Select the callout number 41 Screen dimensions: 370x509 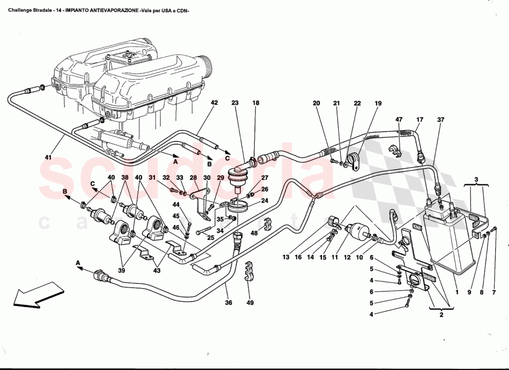tap(49, 158)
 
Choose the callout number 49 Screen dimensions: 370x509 tap(250, 303)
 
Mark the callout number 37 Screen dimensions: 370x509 tap(441, 120)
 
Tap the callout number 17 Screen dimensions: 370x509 tap(419, 120)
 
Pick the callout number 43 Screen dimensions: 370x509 tap(157, 271)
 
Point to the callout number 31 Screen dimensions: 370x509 tap(152, 178)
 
